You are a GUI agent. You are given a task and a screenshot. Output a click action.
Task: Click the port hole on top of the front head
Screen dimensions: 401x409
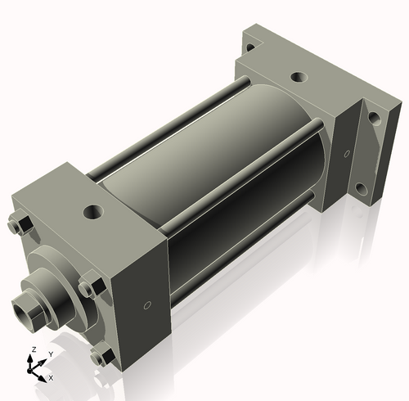pos(93,211)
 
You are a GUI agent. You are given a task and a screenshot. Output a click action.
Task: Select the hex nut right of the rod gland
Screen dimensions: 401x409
pos(89,288)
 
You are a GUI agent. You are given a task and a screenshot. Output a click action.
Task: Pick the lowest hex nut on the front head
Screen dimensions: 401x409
pos(102,356)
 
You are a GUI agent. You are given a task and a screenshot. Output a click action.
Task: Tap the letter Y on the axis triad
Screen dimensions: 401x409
pos(51,354)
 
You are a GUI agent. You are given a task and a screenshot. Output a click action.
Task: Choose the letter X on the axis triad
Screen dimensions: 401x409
pos(51,378)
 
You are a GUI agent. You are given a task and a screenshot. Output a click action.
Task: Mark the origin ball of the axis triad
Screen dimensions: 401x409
pos(34,369)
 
